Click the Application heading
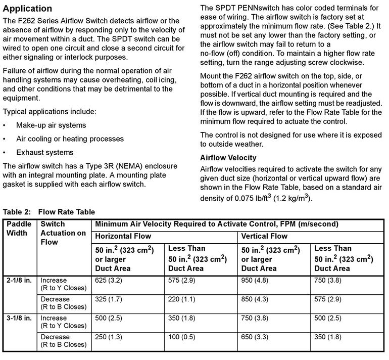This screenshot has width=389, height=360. (x=28, y=9)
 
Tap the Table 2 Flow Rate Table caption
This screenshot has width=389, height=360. (x=49, y=211)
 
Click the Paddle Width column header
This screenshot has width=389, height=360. (x=19, y=229)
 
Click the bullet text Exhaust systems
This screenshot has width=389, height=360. (x=44, y=152)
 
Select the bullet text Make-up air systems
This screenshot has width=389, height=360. (x=51, y=125)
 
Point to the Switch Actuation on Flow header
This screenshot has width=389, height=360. (x=63, y=233)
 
